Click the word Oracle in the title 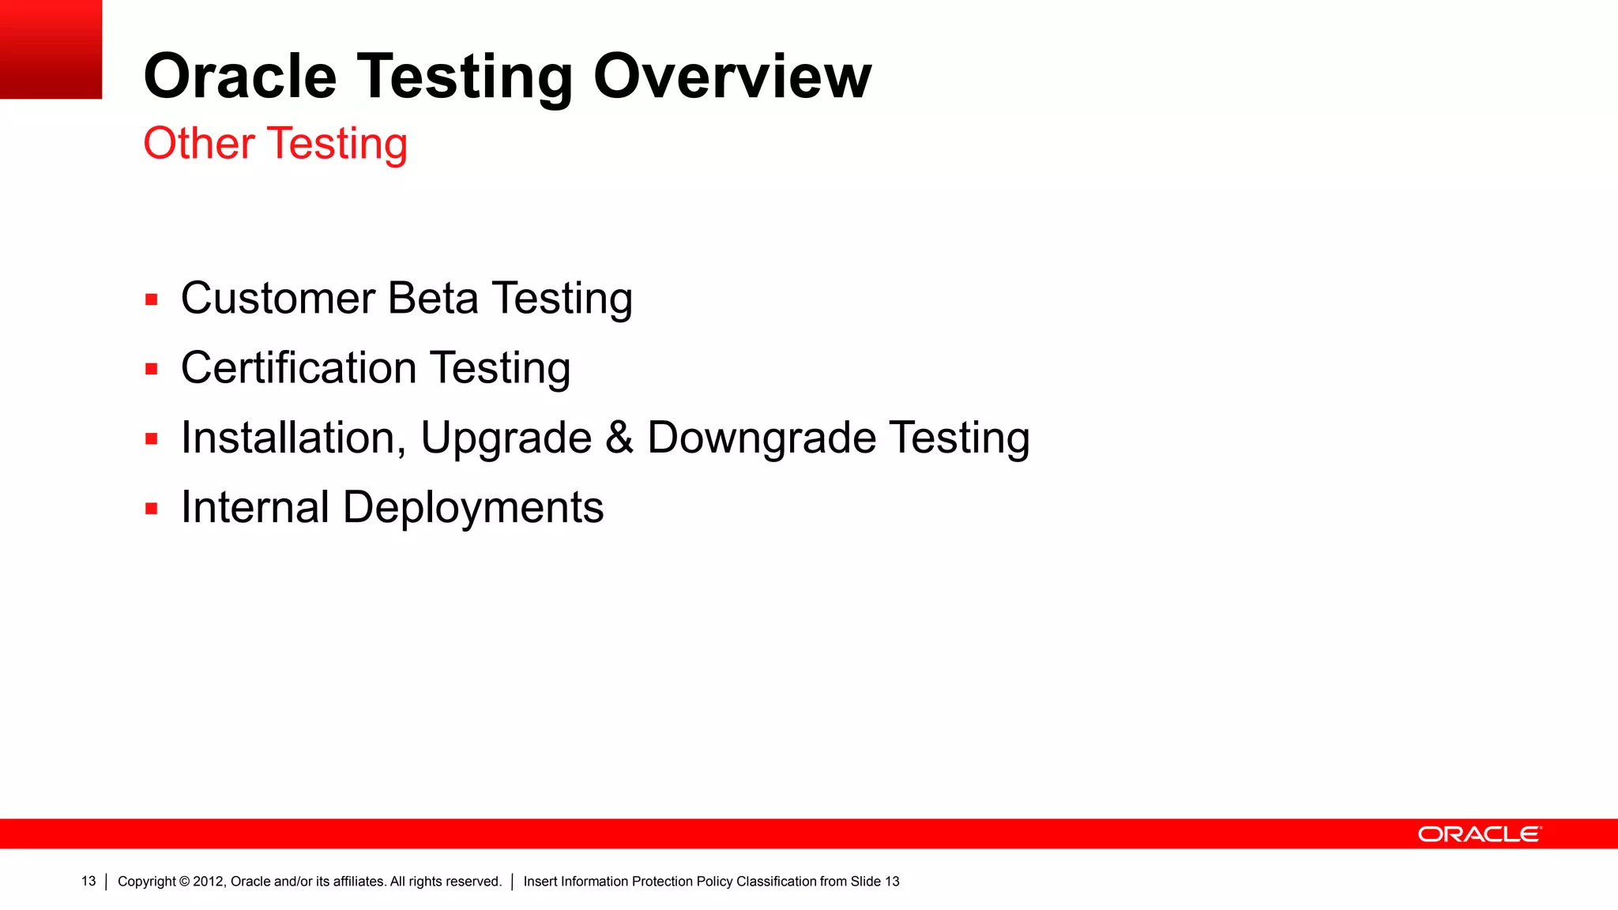(240, 77)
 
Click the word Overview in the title (732, 77)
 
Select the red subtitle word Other (199, 144)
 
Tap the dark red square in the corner (51, 49)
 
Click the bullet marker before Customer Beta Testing (152, 300)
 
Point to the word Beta (433, 299)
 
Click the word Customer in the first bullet (278, 299)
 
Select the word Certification (299, 369)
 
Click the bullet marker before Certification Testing (152, 369)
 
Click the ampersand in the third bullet (619, 438)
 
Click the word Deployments (473, 508)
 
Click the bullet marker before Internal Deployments (152, 509)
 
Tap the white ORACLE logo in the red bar (1479, 834)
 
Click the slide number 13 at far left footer (88, 882)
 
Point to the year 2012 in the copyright (209, 882)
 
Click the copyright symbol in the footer (185, 882)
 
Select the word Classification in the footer (776, 882)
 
